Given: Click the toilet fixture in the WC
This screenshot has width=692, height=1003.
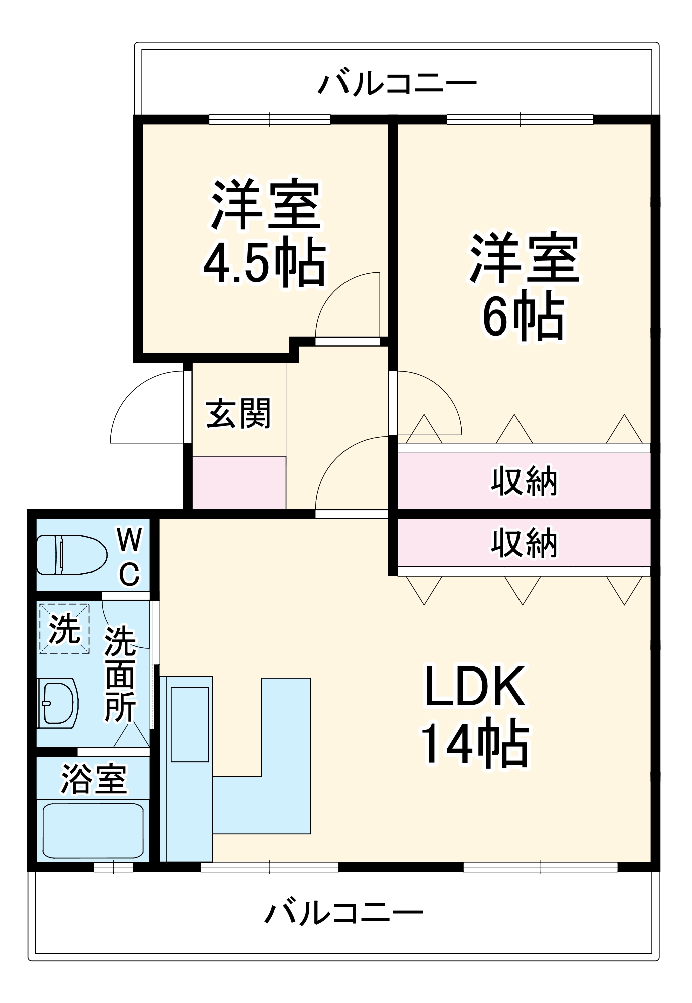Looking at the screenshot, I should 72,555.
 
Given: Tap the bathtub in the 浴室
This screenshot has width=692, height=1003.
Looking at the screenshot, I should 93,830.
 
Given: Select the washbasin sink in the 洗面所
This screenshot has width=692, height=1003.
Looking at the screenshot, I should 58,703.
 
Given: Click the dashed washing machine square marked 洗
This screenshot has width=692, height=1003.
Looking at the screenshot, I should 64,628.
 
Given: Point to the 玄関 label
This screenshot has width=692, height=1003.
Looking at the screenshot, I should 239,414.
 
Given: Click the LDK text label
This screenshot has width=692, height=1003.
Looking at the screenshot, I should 475,686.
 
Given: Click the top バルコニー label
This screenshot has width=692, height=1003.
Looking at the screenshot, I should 397,83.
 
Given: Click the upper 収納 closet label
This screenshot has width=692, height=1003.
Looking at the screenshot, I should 524,481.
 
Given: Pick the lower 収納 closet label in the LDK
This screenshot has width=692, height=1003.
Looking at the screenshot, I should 524,543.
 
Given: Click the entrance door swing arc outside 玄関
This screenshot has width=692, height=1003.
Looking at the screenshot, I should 145,406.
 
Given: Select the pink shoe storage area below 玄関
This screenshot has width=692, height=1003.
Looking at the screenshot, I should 239,482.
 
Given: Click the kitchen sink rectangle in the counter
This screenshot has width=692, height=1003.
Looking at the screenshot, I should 190,724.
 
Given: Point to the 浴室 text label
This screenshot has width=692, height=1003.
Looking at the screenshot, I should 94,779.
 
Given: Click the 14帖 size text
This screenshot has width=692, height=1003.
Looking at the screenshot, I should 475,743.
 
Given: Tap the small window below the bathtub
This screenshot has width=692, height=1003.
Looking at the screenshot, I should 114,867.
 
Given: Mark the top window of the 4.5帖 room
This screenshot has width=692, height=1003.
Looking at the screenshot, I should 270,120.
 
